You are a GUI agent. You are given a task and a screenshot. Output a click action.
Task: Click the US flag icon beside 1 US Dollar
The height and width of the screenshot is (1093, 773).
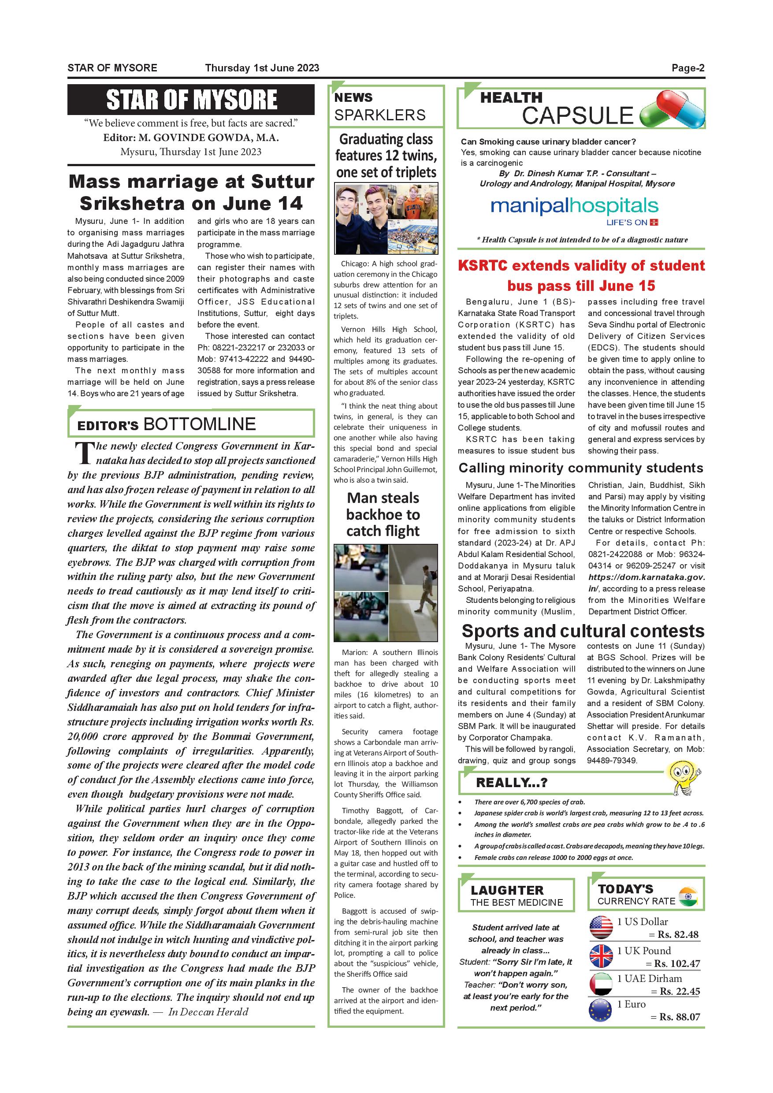(601, 927)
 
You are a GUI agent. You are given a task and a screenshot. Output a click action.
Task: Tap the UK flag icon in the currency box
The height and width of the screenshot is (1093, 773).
(601, 956)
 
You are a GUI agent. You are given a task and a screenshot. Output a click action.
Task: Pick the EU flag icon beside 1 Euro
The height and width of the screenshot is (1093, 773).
(600, 1011)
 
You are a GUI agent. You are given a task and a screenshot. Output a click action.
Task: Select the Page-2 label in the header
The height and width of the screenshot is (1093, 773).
(688, 68)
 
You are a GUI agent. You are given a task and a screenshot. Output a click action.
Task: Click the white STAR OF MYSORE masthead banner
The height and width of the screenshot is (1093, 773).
(191, 100)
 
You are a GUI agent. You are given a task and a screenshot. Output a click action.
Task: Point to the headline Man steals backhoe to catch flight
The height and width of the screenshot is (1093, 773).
(383, 514)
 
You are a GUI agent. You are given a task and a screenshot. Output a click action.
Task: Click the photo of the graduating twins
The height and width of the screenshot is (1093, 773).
(386, 219)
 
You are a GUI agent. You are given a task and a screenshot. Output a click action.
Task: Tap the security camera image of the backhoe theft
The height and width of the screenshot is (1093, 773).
(386, 593)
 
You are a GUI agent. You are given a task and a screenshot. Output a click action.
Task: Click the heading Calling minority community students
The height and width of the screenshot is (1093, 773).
(581, 468)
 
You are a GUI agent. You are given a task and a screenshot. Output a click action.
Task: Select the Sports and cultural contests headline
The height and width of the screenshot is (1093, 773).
(583, 631)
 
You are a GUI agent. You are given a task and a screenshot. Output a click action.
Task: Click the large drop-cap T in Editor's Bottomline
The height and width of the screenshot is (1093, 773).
(84, 453)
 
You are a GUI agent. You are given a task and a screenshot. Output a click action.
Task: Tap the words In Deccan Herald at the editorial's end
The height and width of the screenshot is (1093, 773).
(208, 1012)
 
